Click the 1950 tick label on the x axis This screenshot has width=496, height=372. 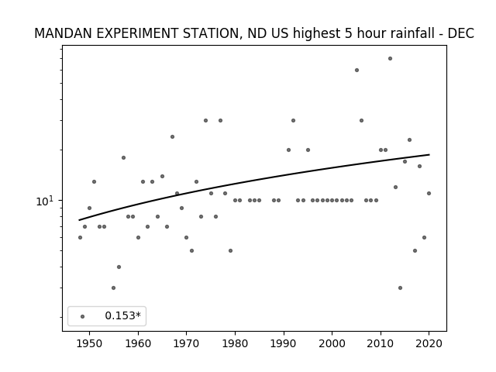click(x=90, y=343)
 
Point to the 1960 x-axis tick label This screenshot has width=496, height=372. click(x=138, y=343)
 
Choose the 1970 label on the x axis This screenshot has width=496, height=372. click(x=186, y=343)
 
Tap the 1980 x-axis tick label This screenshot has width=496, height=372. click(x=235, y=343)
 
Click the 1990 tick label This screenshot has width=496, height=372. click(x=284, y=343)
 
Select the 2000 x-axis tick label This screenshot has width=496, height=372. click(x=332, y=343)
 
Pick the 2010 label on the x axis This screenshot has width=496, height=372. click(x=381, y=343)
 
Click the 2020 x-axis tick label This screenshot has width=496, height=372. click(x=429, y=343)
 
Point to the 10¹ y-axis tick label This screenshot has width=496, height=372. click(x=46, y=201)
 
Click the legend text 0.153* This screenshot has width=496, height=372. click(x=122, y=315)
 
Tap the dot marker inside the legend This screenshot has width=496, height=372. click(x=83, y=316)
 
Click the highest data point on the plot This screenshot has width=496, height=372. click(x=390, y=59)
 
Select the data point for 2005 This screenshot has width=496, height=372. click(x=356, y=71)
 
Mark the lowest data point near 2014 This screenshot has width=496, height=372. click(x=400, y=288)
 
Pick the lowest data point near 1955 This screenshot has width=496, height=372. click(x=113, y=288)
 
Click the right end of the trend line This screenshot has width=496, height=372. click(x=429, y=155)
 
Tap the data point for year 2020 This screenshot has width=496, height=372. click(x=429, y=193)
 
